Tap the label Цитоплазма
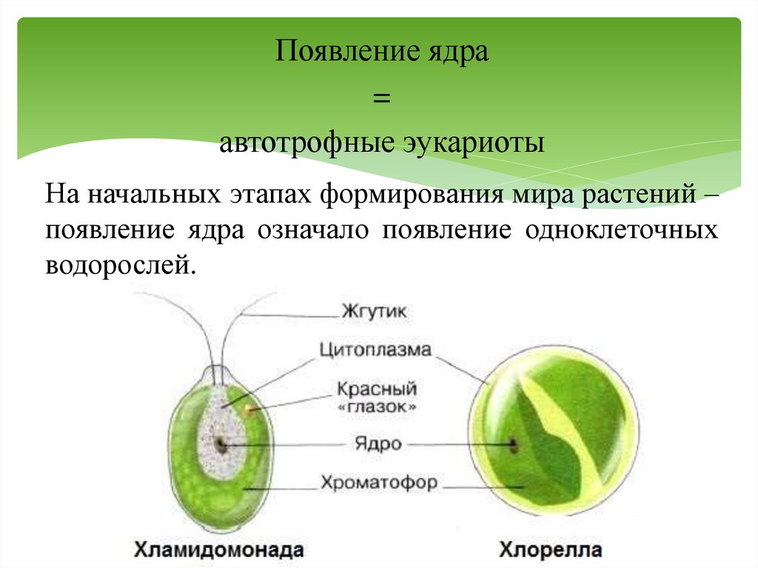click(375, 349)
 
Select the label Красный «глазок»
click(377, 397)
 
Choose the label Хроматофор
click(379, 484)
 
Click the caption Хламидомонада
click(218, 549)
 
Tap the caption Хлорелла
click(550, 549)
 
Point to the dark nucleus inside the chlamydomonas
click(221, 444)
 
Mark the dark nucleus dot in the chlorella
click(512, 444)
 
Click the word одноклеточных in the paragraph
click(622, 230)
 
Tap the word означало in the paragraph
click(314, 230)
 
